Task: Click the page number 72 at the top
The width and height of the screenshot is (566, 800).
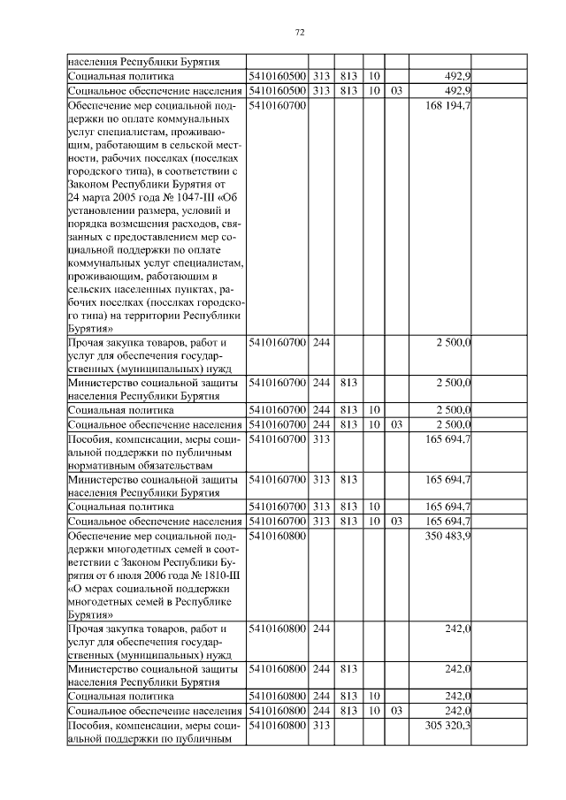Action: [x=299, y=33]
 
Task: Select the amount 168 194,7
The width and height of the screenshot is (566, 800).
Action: [x=447, y=106]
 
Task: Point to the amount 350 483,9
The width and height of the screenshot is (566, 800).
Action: [x=447, y=537]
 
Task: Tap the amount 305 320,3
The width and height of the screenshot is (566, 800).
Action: [x=447, y=725]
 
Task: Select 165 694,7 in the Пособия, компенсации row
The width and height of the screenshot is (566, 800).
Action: [x=447, y=439]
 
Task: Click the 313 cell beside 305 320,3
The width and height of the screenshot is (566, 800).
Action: [x=321, y=725]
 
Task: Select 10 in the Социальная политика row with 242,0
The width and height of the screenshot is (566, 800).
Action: [x=374, y=697]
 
